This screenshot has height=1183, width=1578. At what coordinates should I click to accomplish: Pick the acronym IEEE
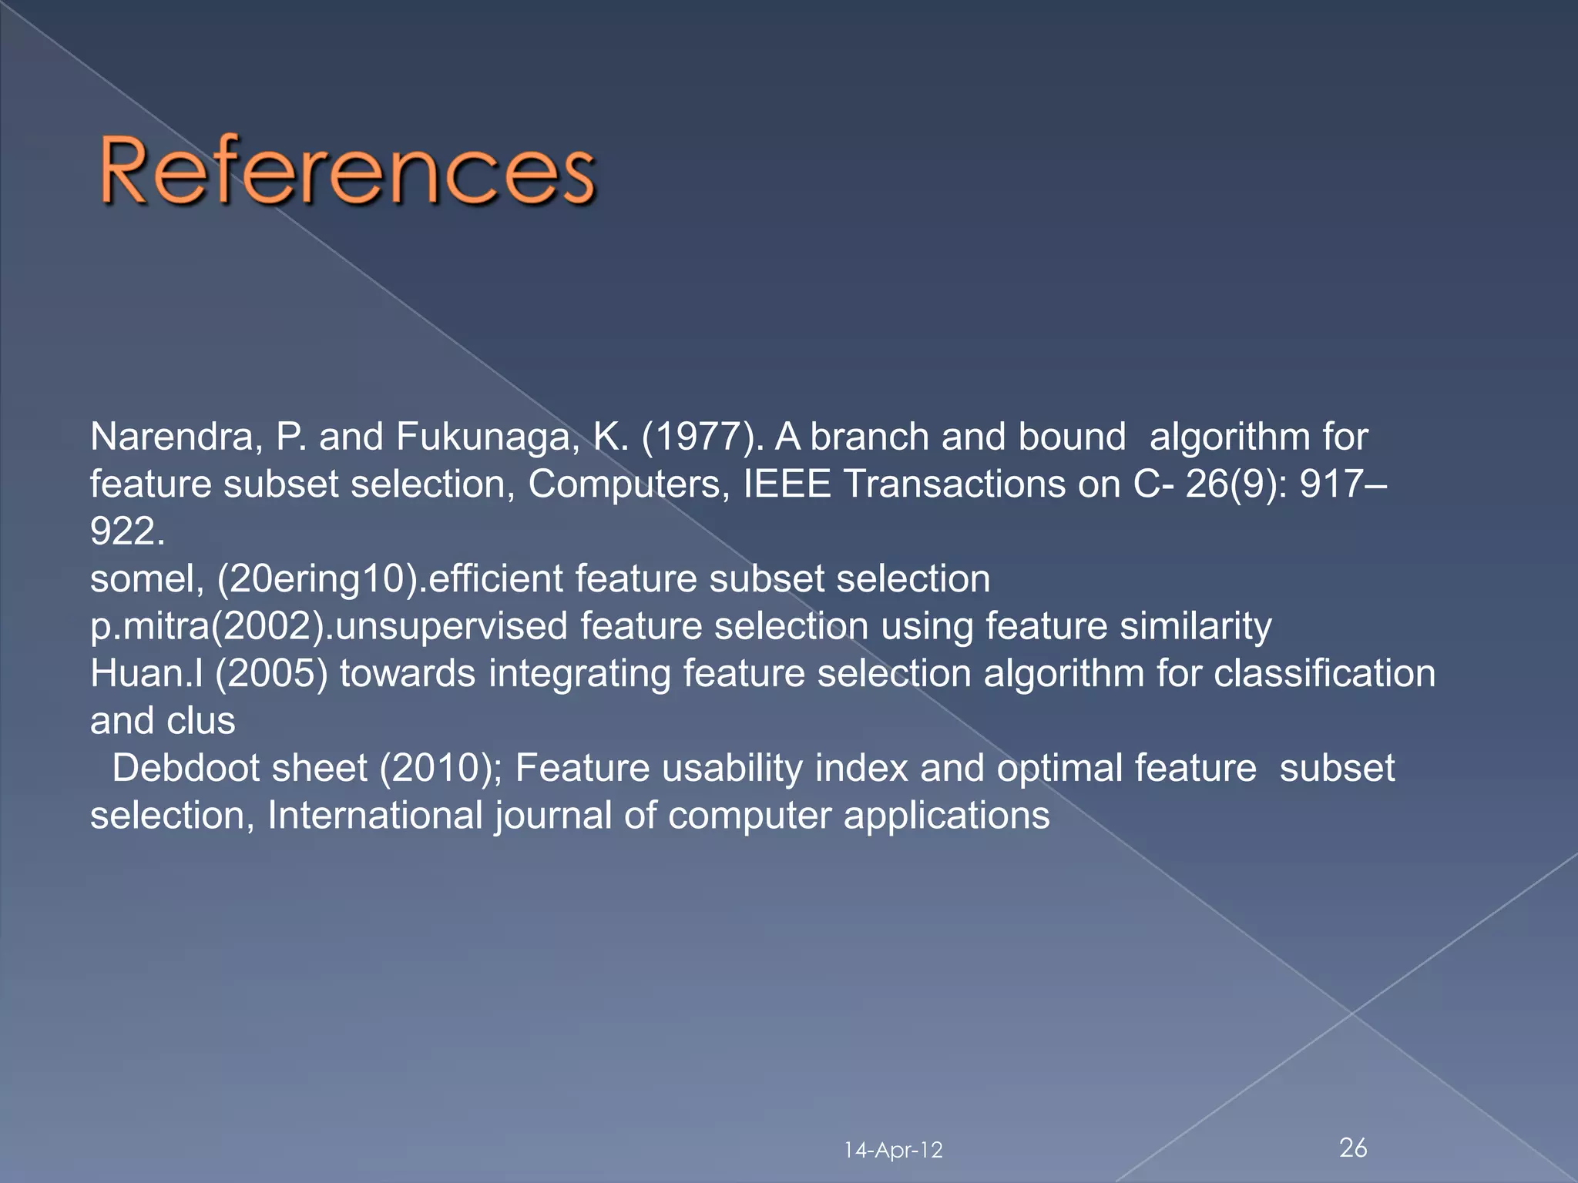(787, 484)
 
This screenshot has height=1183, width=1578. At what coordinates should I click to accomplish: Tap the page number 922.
(126, 532)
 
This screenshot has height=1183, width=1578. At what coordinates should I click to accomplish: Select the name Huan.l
(146, 674)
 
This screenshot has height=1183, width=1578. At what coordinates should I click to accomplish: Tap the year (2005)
(271, 674)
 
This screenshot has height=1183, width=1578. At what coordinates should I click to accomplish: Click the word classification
(1325, 674)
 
